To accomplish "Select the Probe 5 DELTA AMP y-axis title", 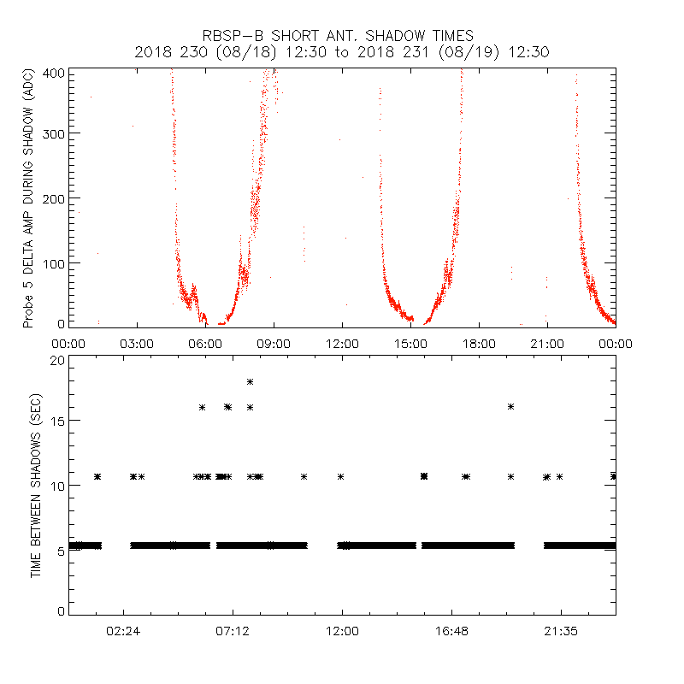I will click(28, 198).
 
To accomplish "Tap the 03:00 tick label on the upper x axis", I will click(137, 344).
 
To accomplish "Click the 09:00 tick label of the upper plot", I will click(274, 344).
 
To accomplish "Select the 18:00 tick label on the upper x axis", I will click(479, 344).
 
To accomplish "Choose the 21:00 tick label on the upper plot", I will click(547, 344).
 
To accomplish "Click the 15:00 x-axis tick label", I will click(410, 344).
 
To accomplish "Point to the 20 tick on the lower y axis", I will click(56, 360).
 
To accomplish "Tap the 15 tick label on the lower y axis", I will click(56, 421).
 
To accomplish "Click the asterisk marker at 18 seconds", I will click(250, 381).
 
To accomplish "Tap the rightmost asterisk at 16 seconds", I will click(510, 406).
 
